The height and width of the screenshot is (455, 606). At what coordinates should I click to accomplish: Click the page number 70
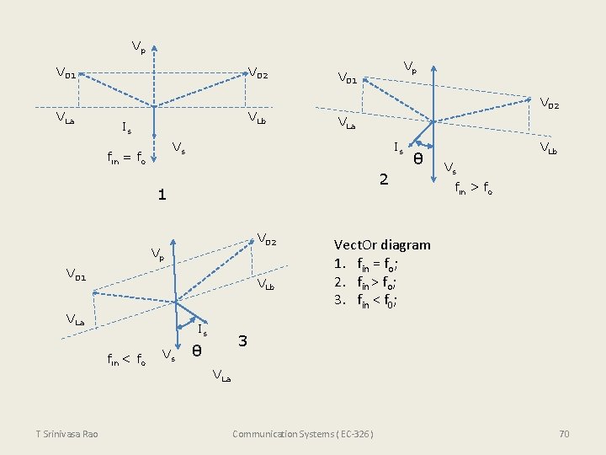point(564,434)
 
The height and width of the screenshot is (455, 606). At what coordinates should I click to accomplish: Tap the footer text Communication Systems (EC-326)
point(302,434)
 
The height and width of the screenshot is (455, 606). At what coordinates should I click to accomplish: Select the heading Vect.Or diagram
point(382,245)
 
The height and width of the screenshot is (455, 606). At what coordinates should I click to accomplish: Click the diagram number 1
point(162,195)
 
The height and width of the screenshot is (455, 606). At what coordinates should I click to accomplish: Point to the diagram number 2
point(384,179)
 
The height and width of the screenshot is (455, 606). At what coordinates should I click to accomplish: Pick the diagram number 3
point(242,341)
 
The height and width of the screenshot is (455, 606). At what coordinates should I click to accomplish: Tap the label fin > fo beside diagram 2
point(474,190)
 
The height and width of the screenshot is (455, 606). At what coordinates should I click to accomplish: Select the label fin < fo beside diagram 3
point(125,360)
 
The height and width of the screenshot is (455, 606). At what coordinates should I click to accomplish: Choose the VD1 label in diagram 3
point(77,274)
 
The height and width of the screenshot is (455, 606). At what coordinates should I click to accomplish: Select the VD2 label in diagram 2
point(548,104)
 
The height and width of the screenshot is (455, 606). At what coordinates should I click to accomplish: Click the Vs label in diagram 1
point(178,149)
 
